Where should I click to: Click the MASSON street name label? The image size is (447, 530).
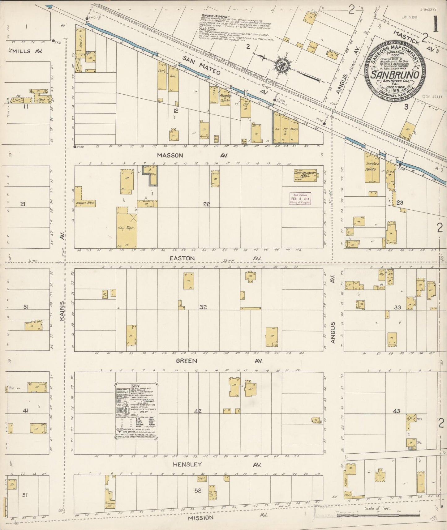[170, 156]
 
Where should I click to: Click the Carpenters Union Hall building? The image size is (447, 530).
[305, 175]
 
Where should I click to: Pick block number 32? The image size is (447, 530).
[203, 307]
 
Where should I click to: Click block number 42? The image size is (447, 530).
[198, 411]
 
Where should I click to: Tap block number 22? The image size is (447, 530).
[206, 204]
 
